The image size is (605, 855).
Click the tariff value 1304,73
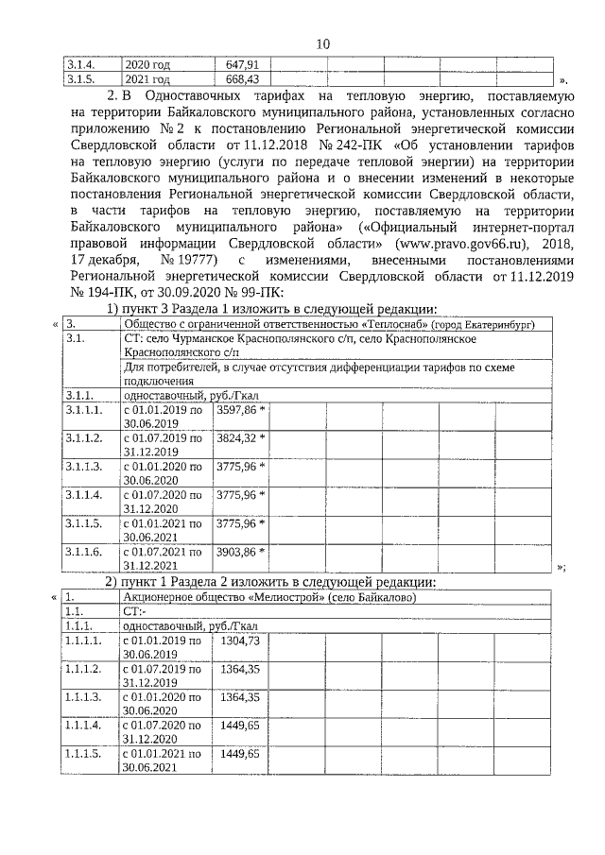(240, 641)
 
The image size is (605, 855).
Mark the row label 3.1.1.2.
(84, 439)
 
